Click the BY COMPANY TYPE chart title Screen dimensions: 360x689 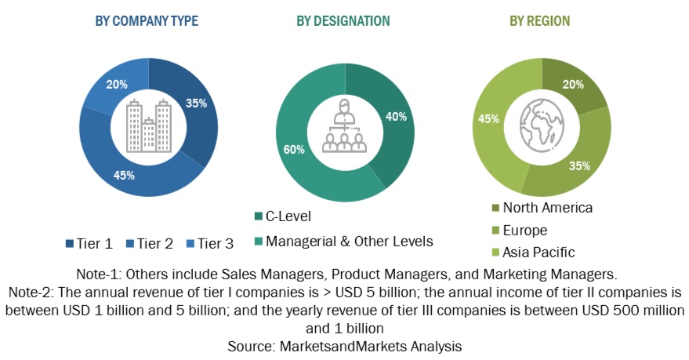point(147,21)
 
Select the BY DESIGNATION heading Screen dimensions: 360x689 point(343,21)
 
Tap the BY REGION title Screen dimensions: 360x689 point(540,21)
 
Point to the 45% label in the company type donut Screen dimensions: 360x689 point(125,175)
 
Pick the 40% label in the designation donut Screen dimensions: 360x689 point(396,117)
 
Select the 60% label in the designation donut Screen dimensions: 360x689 point(292,149)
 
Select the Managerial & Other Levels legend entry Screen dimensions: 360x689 point(343,241)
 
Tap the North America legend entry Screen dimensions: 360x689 point(541,208)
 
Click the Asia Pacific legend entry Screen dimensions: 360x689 point(532,252)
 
